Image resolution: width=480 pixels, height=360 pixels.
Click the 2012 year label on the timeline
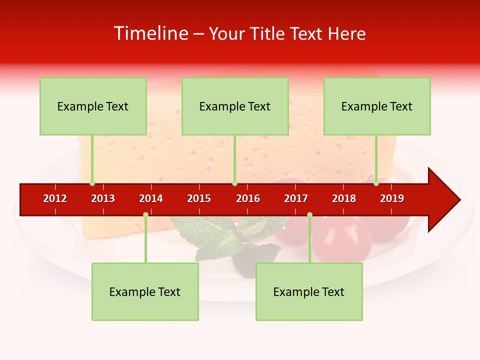tap(55, 198)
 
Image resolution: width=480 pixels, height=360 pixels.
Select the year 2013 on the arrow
tap(103, 198)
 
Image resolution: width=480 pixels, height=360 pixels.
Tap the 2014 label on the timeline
tap(151, 198)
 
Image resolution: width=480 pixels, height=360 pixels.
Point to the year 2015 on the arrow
tap(199, 198)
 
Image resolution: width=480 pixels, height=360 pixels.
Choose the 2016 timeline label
tap(248, 198)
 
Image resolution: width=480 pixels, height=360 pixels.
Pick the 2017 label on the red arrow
tap(296, 198)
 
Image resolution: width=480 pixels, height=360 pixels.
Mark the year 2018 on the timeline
tap(344, 198)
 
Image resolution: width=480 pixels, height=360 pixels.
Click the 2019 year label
tap(392, 198)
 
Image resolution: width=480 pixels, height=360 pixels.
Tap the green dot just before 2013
tap(92, 183)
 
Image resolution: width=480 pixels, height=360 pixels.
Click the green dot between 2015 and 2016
tap(234, 183)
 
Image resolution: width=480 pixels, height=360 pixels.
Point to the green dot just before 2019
tap(376, 183)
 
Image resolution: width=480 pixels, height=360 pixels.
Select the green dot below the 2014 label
tap(145, 215)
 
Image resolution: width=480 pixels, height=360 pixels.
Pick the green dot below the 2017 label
tap(309, 215)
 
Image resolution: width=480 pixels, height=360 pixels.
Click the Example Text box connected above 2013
tap(93, 106)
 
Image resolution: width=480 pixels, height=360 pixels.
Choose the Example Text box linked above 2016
tap(235, 106)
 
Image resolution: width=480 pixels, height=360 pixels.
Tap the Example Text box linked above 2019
tap(377, 106)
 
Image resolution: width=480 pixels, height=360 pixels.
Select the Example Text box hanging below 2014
tap(145, 292)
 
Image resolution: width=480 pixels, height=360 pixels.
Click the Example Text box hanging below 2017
tap(309, 292)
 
